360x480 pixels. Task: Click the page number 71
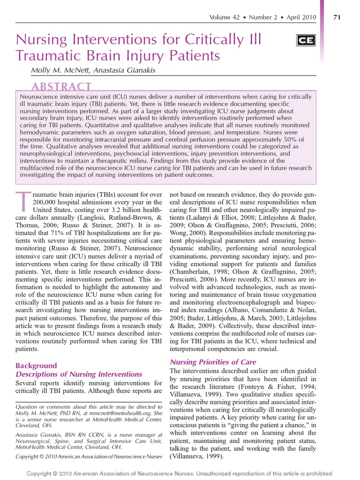[336, 17]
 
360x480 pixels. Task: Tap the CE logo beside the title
[306, 41]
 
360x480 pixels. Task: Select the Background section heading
[36, 366]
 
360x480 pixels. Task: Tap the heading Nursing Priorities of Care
[213, 362]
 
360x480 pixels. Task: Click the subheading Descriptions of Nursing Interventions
[79, 374]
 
